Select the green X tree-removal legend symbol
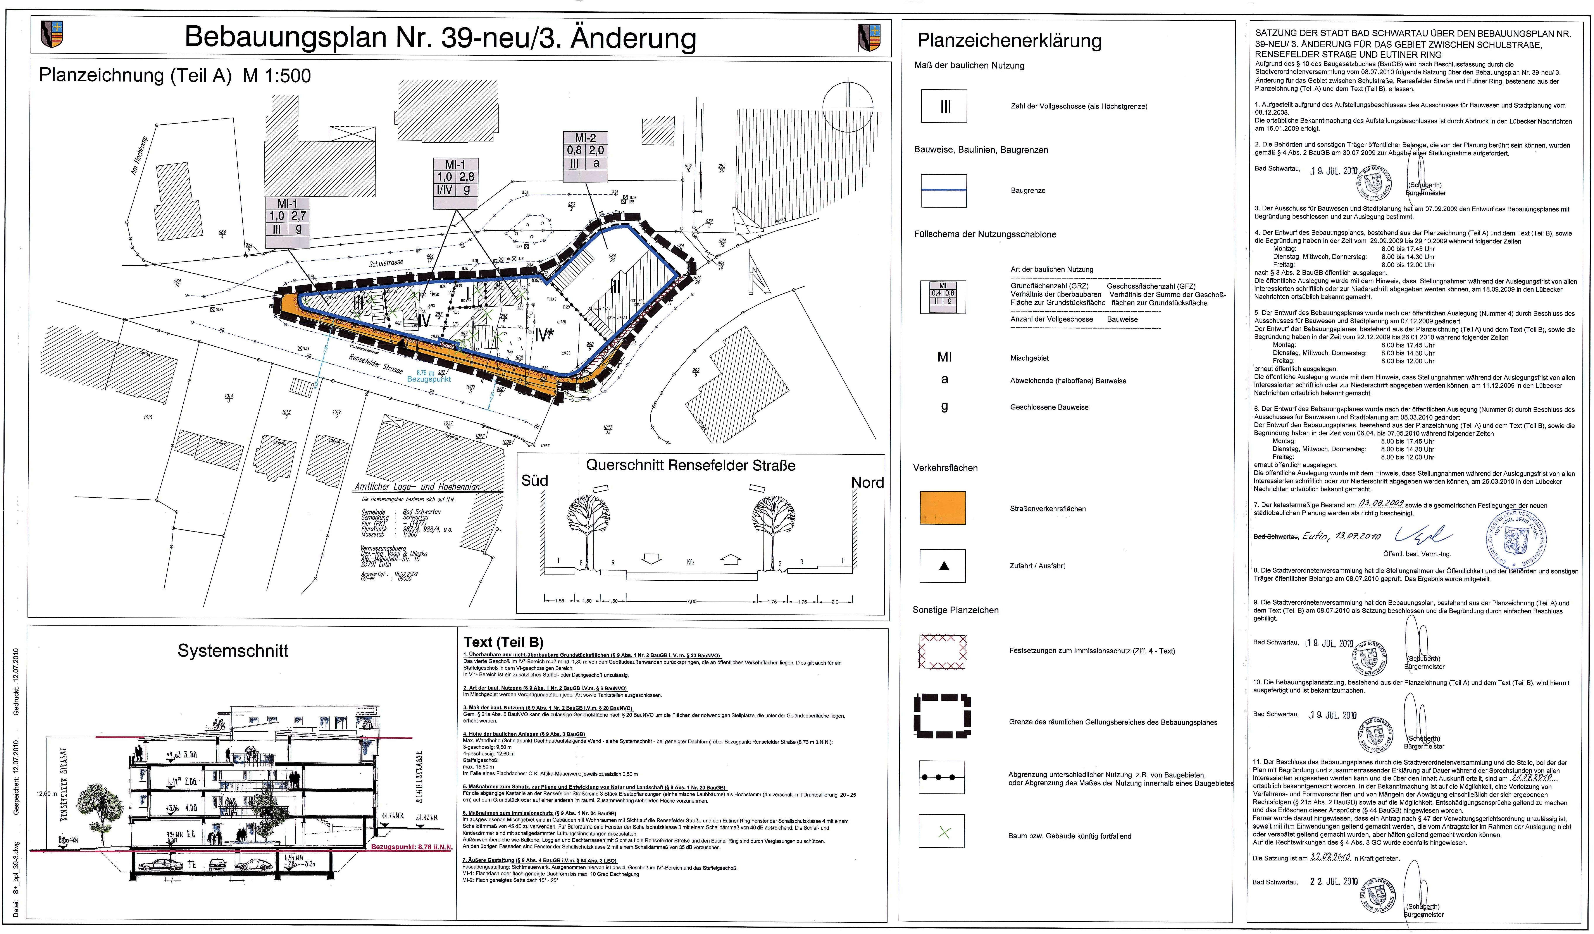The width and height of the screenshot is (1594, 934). click(943, 833)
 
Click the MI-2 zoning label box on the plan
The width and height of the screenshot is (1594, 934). click(585, 151)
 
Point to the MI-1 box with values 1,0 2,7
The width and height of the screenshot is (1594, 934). click(287, 216)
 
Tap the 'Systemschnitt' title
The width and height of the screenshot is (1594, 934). click(233, 651)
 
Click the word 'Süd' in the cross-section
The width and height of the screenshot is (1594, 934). click(534, 481)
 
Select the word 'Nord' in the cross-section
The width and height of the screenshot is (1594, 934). click(867, 482)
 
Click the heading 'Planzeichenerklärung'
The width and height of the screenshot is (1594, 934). click(1010, 40)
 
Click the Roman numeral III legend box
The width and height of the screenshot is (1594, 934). click(944, 106)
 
